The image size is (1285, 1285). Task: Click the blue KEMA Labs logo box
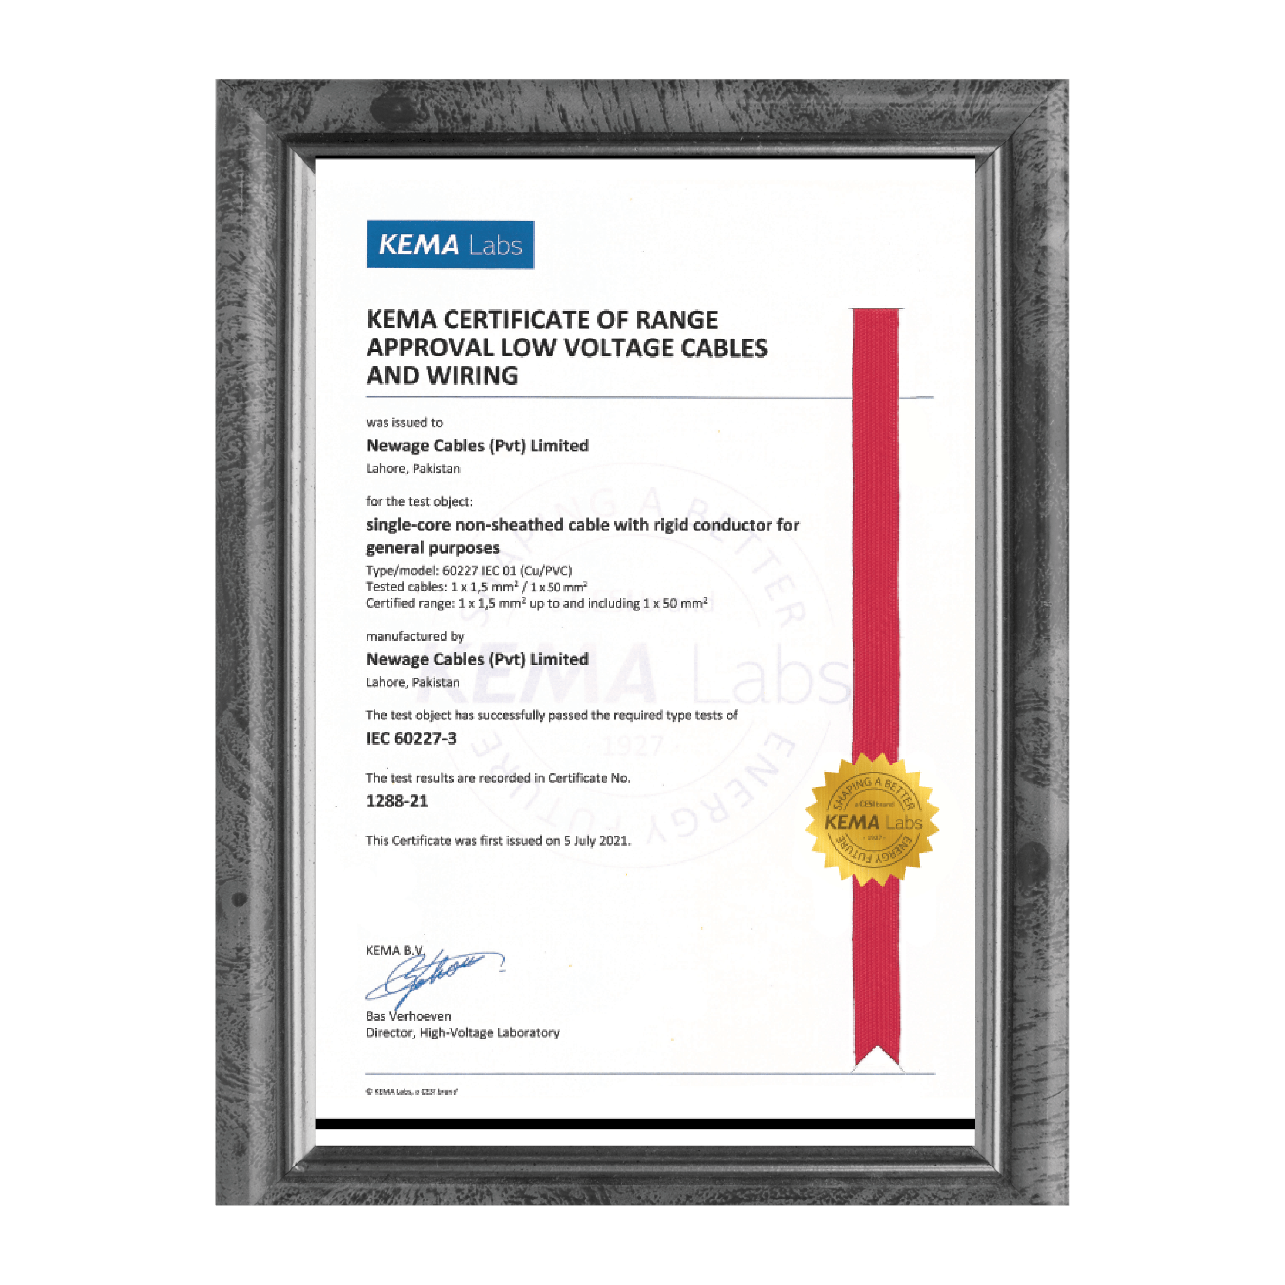click(x=450, y=244)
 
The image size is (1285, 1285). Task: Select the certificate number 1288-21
click(x=397, y=801)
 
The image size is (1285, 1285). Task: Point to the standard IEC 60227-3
click(x=411, y=738)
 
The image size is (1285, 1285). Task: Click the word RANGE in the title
click(x=676, y=320)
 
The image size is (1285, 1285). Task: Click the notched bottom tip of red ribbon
click(x=877, y=1057)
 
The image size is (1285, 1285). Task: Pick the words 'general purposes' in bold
click(x=432, y=548)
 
